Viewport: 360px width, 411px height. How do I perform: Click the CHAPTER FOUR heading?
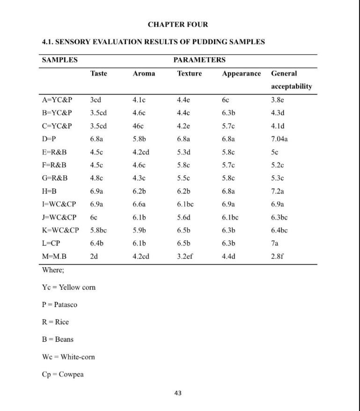178,24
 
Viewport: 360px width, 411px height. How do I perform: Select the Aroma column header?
144,74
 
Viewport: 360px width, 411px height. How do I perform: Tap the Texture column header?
189,74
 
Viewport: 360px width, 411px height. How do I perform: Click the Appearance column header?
241,74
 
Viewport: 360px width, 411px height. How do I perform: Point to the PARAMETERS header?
199,60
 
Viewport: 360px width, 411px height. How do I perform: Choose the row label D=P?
50,139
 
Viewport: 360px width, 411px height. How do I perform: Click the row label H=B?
50,191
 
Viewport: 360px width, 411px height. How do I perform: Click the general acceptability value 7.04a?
279,139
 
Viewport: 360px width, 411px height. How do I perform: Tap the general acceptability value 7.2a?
278,191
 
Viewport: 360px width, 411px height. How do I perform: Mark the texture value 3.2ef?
185,256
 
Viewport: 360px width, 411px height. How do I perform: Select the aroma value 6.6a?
139,204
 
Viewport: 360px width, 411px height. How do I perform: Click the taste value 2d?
94,256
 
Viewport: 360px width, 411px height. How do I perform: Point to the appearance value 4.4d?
229,256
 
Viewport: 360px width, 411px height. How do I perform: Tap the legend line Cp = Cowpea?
63,374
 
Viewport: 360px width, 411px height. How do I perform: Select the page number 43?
177,393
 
